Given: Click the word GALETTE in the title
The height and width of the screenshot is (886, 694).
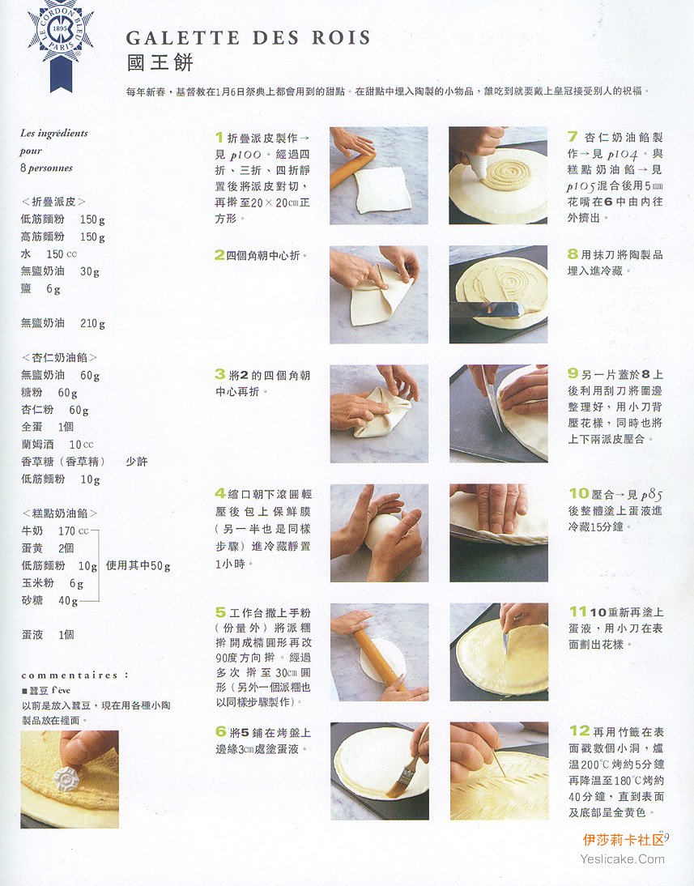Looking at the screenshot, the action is pos(182,38).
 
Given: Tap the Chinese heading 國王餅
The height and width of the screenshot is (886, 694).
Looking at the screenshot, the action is pos(160,62).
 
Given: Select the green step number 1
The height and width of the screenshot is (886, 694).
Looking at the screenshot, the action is pos(219,137).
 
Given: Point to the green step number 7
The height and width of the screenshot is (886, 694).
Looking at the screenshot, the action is pos(573,136).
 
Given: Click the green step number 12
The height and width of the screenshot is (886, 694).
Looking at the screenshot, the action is pos(579,731).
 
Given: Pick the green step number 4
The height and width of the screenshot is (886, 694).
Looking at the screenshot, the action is pos(219,493).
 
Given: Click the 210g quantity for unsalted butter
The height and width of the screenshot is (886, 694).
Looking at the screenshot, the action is pos(92,323).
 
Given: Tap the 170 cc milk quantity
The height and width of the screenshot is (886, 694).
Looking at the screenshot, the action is pos(74,530).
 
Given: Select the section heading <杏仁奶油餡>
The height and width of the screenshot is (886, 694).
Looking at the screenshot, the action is pos(59,357).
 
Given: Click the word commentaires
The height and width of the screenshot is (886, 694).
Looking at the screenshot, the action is pos(70,675).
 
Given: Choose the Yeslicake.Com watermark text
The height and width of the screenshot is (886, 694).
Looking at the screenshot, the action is pos(622,859).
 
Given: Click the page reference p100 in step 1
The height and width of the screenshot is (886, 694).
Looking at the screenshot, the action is pos(246,154).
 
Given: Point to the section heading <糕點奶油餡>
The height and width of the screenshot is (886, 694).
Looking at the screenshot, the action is pos(59,513).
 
